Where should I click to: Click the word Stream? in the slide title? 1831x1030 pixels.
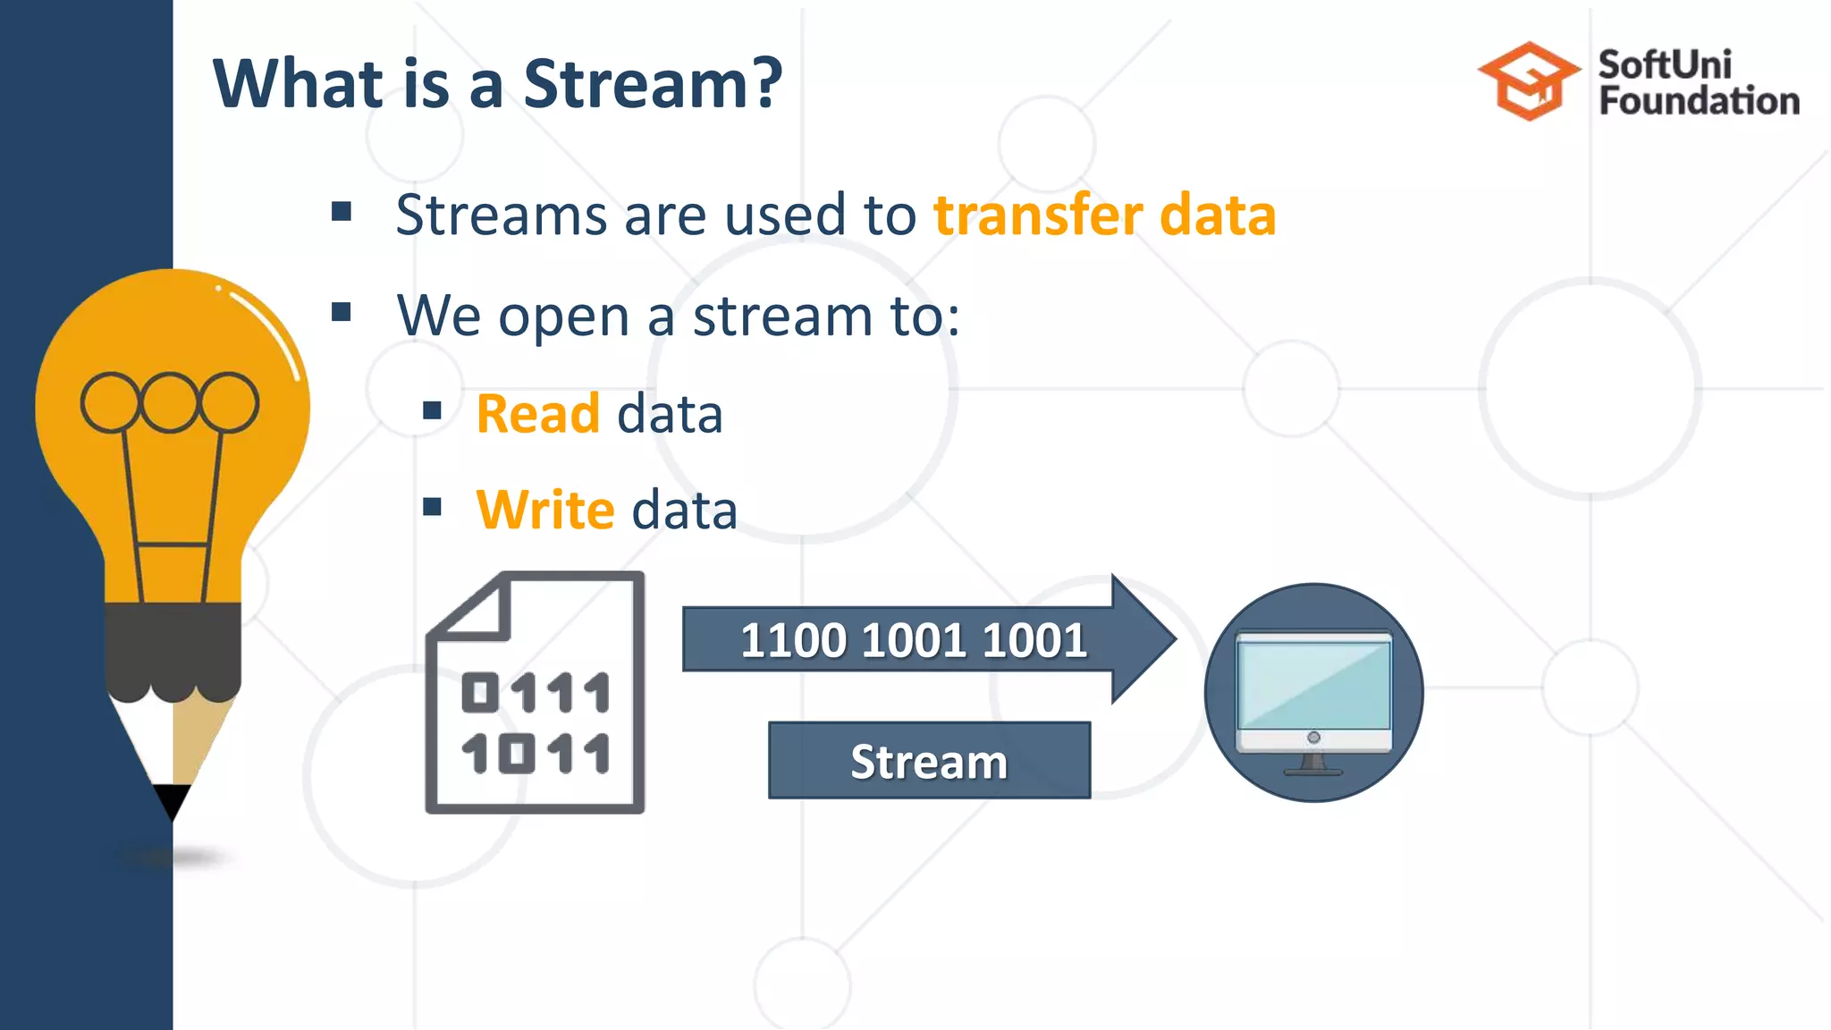pos(653,83)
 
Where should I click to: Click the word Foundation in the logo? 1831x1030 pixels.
pos(1699,101)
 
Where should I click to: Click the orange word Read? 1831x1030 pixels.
pos(537,414)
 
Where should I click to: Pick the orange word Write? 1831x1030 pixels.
pos(545,511)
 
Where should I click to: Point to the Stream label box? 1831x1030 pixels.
pos(929,761)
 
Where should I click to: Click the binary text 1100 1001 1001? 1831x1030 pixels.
pos(913,640)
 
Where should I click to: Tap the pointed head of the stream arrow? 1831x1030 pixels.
pos(1144,639)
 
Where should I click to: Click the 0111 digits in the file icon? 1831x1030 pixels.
pos(536,693)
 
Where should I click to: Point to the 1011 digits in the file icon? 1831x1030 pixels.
pos(536,753)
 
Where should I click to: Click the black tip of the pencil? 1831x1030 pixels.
pos(172,800)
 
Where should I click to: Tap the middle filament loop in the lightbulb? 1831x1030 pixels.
pos(170,401)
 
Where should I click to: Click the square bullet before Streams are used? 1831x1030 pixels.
pos(341,212)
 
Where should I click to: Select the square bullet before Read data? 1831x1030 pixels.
pos(433,410)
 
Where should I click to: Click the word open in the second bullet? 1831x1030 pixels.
pos(564,317)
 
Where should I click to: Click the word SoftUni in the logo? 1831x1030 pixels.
pos(1665,64)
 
